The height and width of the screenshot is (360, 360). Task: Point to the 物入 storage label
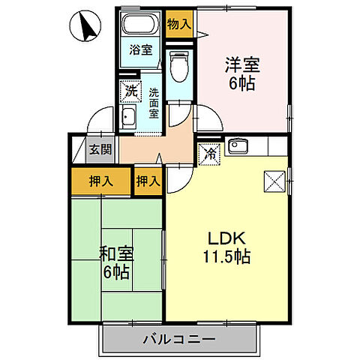pos(178,22)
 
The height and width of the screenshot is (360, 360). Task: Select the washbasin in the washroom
pos(129,118)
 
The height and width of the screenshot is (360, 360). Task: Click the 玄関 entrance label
pos(101,149)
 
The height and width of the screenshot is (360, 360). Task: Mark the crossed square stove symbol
pos(271,181)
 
